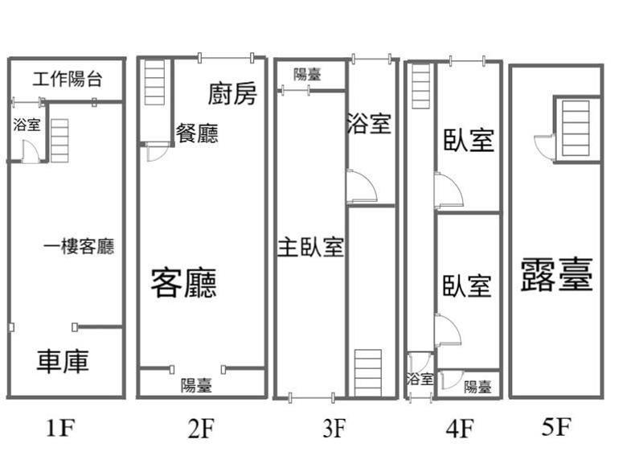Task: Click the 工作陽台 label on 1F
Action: [x=68, y=79]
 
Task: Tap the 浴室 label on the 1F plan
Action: [x=27, y=125]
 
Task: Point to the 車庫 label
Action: [x=63, y=361]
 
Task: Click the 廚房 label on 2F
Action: [x=233, y=94]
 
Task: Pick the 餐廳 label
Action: [x=197, y=133]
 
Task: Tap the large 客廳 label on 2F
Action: [x=184, y=282]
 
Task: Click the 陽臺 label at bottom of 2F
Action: [x=196, y=385]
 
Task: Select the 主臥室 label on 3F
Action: [x=311, y=248]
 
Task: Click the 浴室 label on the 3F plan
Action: [x=369, y=124]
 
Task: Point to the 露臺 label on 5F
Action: [x=556, y=274]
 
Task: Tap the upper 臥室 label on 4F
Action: [x=469, y=140]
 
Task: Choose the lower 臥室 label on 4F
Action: [x=467, y=285]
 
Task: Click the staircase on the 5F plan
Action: [x=576, y=128]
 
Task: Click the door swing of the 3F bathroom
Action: [x=360, y=187]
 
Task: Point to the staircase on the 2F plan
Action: [x=154, y=84]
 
